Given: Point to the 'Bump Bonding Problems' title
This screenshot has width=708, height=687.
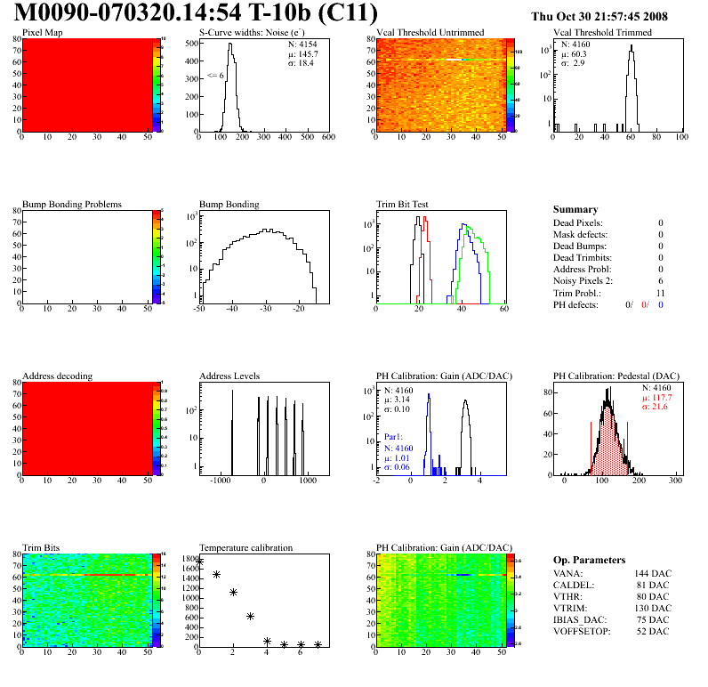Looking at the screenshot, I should pos(72,204).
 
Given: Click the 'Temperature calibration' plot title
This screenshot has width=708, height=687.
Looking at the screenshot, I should pos(245,547).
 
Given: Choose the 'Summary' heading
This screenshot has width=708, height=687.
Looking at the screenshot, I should pos(575,209).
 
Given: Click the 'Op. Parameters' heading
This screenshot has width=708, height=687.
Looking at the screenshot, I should pos(589,560).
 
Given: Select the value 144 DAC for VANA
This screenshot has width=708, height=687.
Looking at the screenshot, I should pos(652,573).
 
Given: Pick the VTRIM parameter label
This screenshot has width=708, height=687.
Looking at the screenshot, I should pos(569,608).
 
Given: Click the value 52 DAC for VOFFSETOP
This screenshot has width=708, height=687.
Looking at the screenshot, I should pos(655,631).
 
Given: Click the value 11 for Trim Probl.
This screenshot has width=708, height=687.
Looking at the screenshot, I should pos(660,292).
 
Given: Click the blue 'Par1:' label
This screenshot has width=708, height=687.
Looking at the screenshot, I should pos(395,438).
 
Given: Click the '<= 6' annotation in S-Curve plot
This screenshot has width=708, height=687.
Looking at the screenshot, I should pos(215,76).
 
